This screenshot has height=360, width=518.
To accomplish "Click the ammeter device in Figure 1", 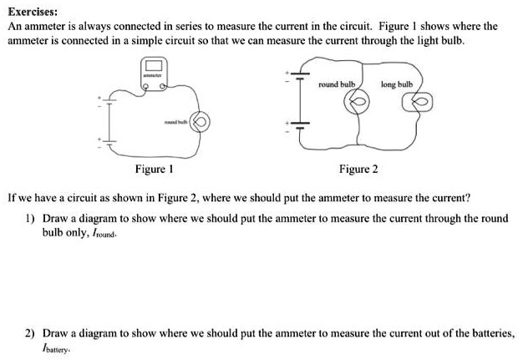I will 155,73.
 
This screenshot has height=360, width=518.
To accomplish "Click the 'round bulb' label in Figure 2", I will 338,85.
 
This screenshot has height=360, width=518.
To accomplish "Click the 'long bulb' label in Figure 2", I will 396,85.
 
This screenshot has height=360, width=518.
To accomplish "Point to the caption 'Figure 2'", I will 358,170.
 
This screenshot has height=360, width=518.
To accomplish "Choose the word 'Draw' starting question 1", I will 56,218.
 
